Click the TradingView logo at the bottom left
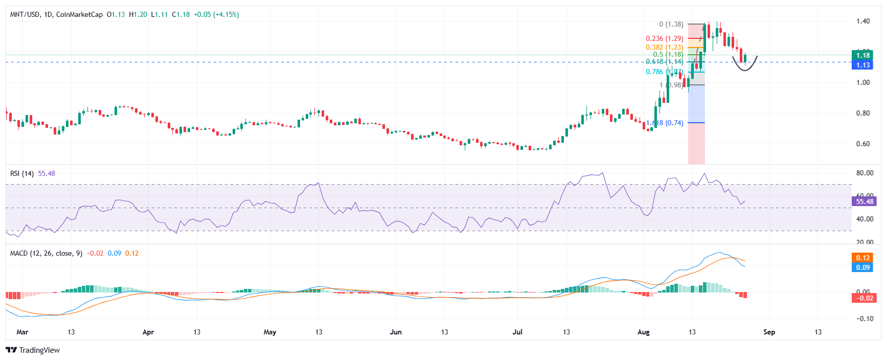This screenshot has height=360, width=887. click(32, 350)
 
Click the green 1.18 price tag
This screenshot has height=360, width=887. click(863, 55)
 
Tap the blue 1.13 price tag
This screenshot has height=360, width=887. click(863, 65)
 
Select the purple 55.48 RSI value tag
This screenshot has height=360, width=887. click(865, 201)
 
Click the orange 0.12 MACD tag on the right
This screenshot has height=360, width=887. click(863, 258)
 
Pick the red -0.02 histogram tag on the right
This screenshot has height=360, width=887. click(864, 298)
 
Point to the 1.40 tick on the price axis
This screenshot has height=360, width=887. click(863, 21)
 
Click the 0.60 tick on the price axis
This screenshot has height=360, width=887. click(863, 144)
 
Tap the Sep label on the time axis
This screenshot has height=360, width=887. click(769, 332)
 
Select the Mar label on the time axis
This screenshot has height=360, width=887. click(22, 332)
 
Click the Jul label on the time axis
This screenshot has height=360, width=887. click(517, 332)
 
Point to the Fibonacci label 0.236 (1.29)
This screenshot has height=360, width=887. click(664, 38)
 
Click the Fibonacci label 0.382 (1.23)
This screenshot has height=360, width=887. click(664, 47)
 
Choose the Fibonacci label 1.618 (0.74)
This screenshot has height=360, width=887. click(665, 123)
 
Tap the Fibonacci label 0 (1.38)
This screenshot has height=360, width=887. click(671, 24)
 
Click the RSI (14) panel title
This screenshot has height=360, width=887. click(22, 173)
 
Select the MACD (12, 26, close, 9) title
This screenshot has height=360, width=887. click(46, 253)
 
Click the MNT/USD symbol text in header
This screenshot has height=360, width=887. click(25, 14)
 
